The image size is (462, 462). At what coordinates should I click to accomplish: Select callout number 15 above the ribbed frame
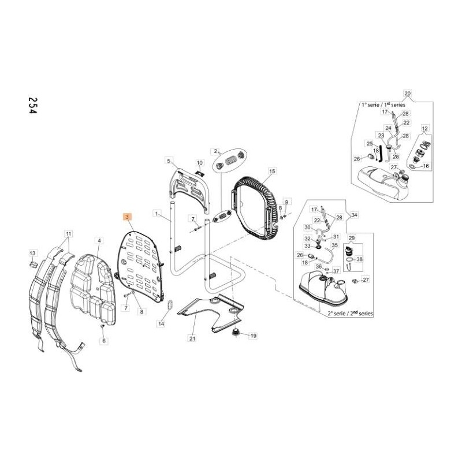coord(273,171)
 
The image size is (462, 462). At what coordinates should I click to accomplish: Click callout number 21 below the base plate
coord(192,338)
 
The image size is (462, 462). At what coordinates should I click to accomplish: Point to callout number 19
coord(253,335)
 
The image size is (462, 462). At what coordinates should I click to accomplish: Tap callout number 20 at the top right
coord(407,94)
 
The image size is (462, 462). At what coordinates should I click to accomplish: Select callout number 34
coord(354,215)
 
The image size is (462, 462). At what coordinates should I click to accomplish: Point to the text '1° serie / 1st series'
coord(383,105)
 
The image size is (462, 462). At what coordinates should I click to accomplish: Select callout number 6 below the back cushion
coord(104,341)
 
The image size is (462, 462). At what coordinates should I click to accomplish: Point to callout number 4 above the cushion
coord(99,240)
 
